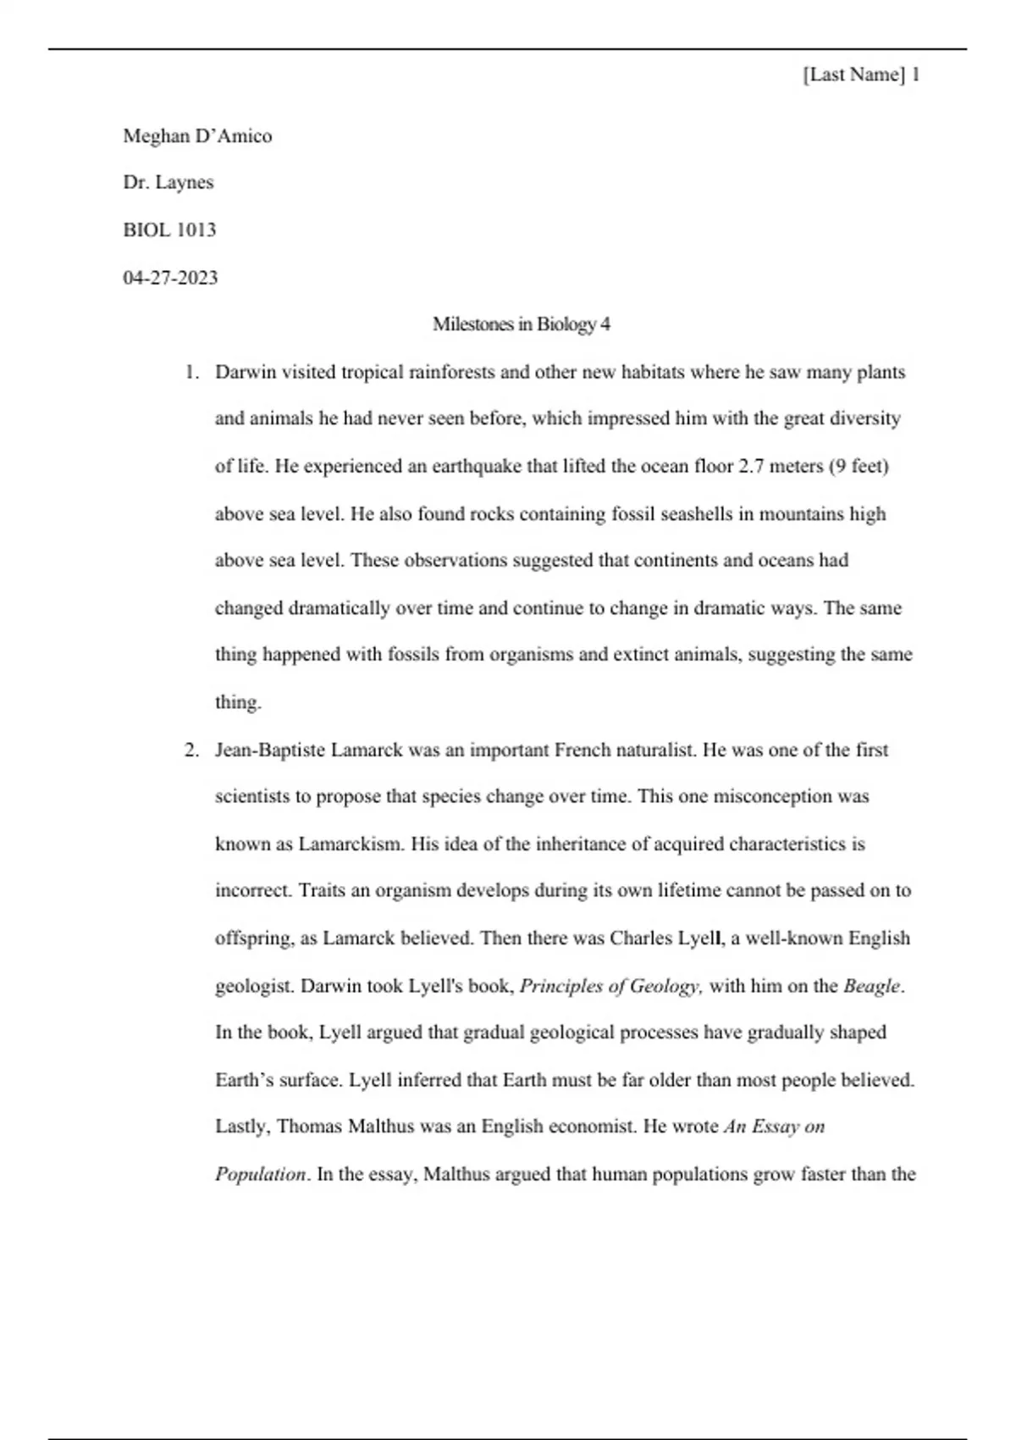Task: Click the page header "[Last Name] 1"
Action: click(x=861, y=75)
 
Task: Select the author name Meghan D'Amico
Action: click(x=197, y=136)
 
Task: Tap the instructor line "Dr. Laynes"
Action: click(x=168, y=183)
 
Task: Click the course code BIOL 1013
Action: click(x=169, y=230)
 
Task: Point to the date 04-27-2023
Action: click(x=170, y=278)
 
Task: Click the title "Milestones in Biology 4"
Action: click(x=521, y=324)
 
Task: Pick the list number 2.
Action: click(x=191, y=750)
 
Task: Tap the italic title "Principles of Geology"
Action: click(x=610, y=986)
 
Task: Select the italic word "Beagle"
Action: click(x=871, y=986)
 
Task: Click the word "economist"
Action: click(x=591, y=1127)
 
